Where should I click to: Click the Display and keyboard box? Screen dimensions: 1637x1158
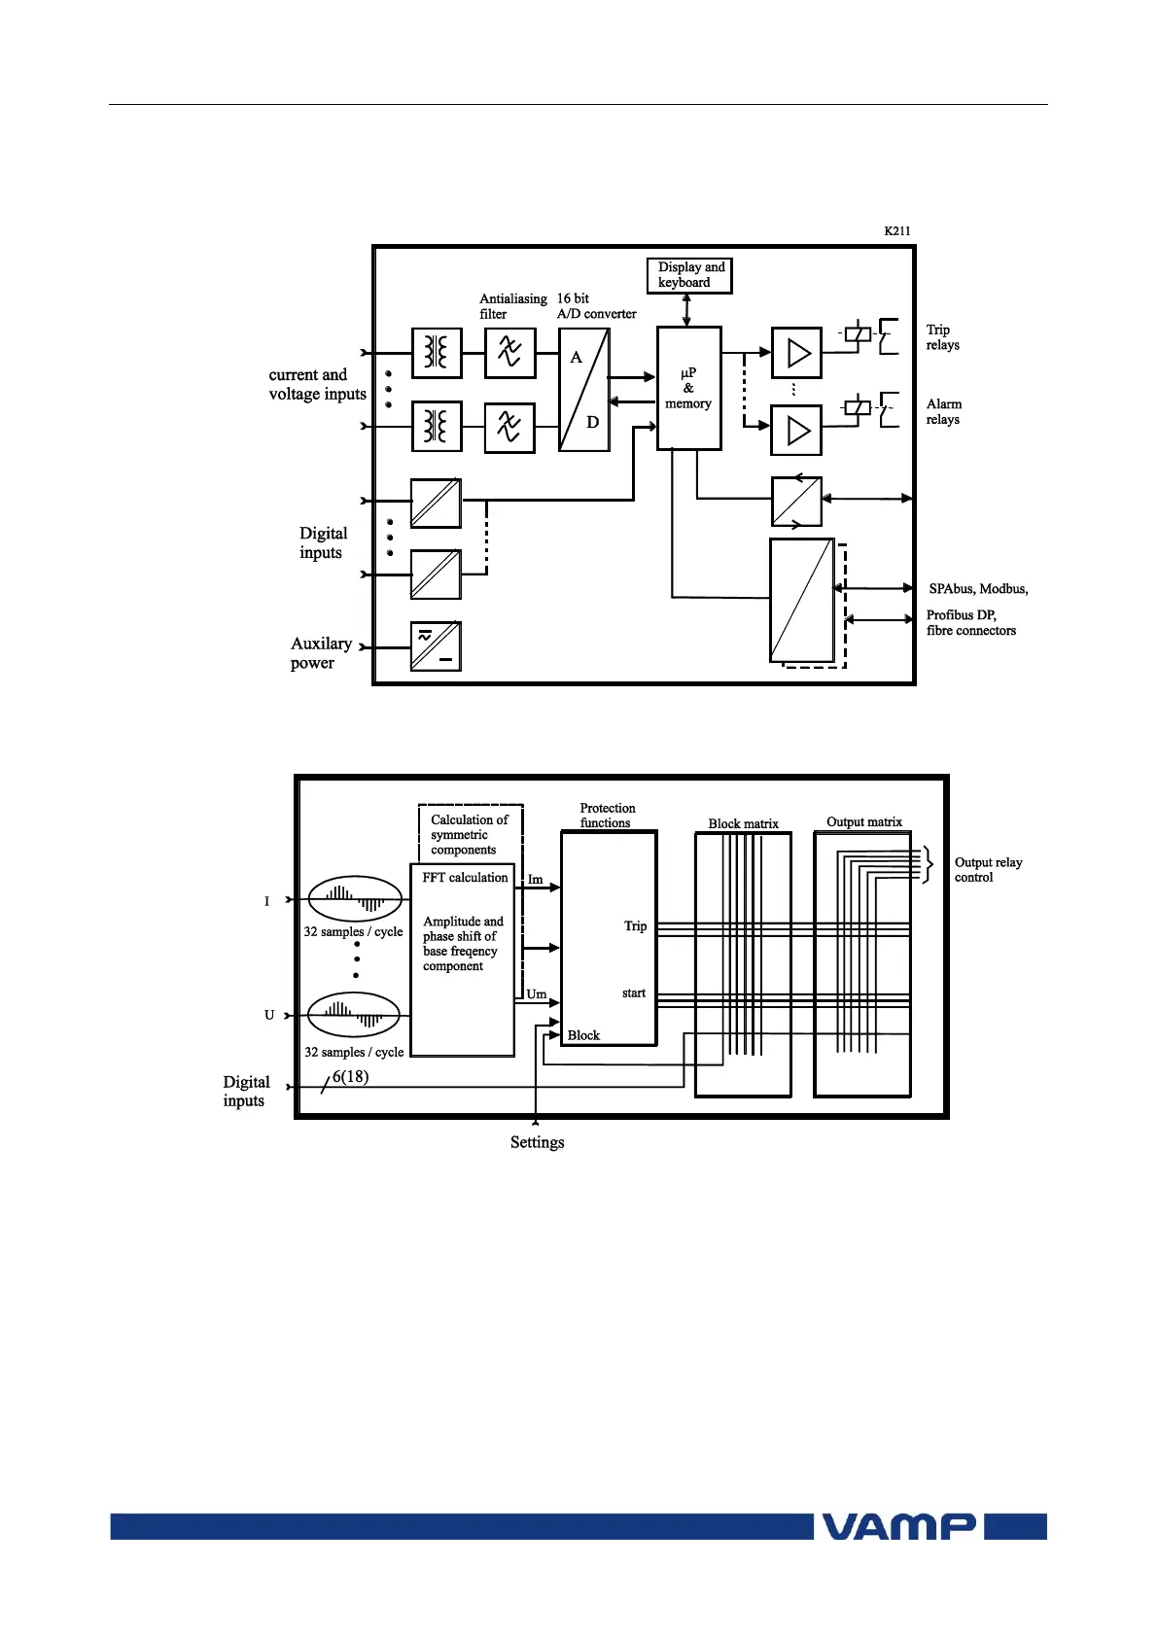[x=689, y=275]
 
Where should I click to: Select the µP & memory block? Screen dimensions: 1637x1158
[x=688, y=388]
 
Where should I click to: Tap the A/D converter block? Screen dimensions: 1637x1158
[x=584, y=390]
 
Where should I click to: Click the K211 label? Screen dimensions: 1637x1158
[x=896, y=231]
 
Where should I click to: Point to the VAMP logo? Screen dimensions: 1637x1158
[x=898, y=1526]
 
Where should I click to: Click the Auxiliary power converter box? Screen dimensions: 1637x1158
[x=436, y=646]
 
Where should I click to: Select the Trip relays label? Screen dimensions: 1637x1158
[x=942, y=337]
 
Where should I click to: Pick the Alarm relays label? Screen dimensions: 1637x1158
[x=943, y=411]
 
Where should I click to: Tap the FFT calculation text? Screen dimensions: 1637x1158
[x=465, y=878]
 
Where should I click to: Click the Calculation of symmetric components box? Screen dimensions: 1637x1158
[x=470, y=834]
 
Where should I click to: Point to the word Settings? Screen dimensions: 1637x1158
[x=537, y=1142]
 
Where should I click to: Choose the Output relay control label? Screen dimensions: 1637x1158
[x=988, y=870]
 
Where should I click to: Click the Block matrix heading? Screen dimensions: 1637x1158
[x=743, y=823]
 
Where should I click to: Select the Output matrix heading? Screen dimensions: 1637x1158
[x=863, y=821]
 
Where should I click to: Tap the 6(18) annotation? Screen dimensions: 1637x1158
[x=350, y=1076]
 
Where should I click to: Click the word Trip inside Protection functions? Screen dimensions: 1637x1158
[x=635, y=925]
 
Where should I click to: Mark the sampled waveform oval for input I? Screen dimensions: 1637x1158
[x=354, y=899]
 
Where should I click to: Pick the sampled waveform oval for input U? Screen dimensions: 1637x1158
[x=354, y=1016]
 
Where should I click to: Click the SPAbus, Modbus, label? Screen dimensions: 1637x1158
[x=977, y=589]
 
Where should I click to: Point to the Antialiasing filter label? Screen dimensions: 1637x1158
[x=512, y=306]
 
